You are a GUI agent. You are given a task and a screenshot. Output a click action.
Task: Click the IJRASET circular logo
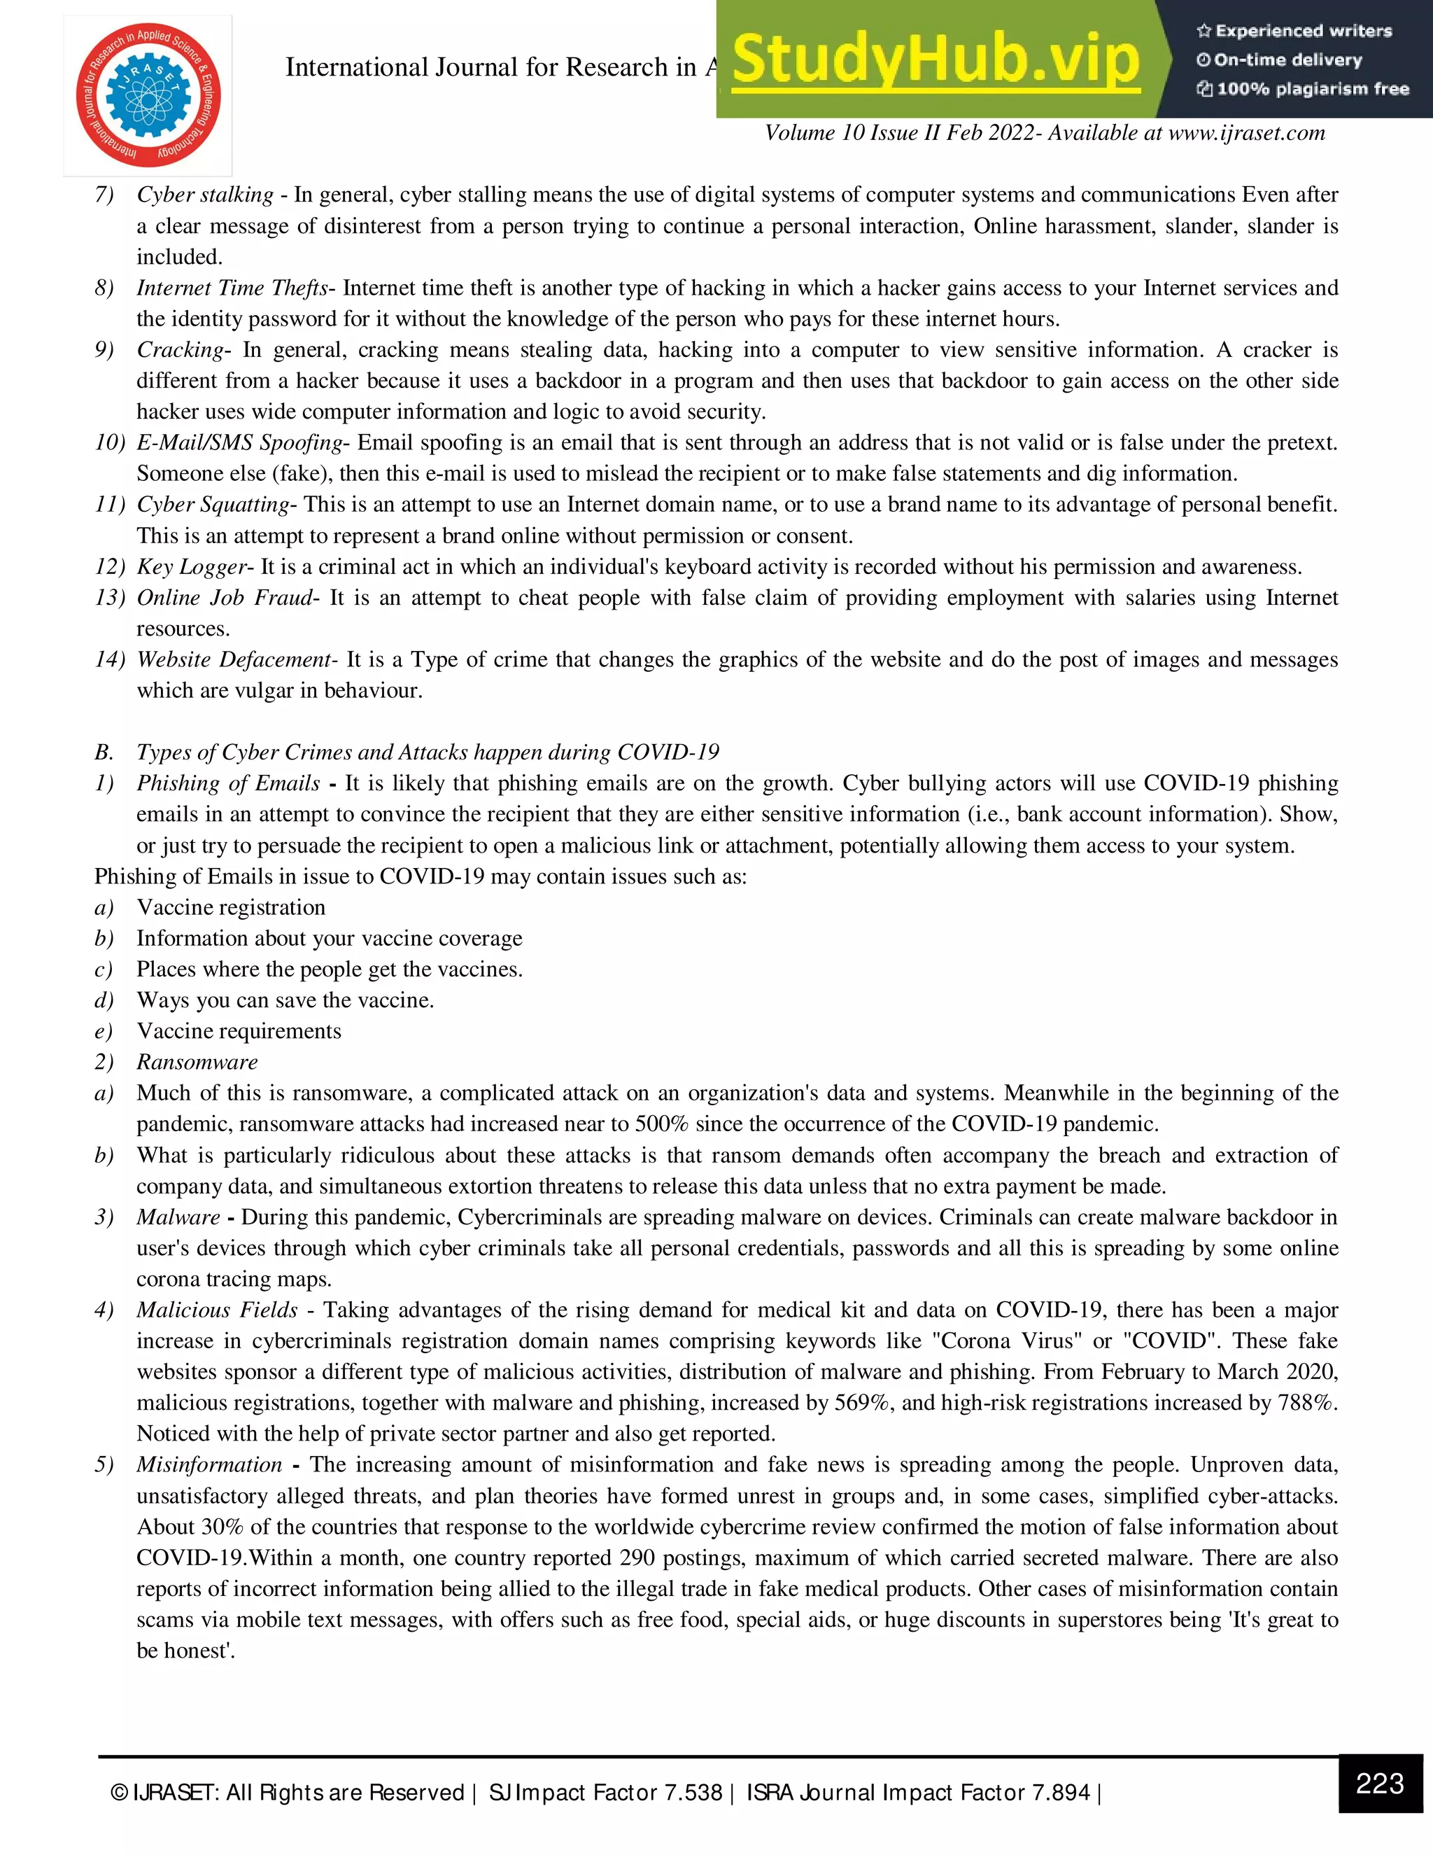point(148,95)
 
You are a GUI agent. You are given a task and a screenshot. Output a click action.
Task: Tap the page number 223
point(1380,1783)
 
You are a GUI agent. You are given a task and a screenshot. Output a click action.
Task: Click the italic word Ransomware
point(197,1062)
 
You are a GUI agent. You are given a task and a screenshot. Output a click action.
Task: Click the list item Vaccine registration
point(231,907)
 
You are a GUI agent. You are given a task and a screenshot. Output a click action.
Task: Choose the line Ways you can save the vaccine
point(285,1000)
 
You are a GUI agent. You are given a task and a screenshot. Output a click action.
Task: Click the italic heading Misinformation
point(209,1464)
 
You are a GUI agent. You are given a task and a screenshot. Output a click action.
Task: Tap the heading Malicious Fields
point(218,1310)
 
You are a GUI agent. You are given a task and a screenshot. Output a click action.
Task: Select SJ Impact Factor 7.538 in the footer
point(605,1792)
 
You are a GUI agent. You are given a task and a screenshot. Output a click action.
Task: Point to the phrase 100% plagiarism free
point(1313,88)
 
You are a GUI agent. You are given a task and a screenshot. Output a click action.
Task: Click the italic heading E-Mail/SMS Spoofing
point(240,442)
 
